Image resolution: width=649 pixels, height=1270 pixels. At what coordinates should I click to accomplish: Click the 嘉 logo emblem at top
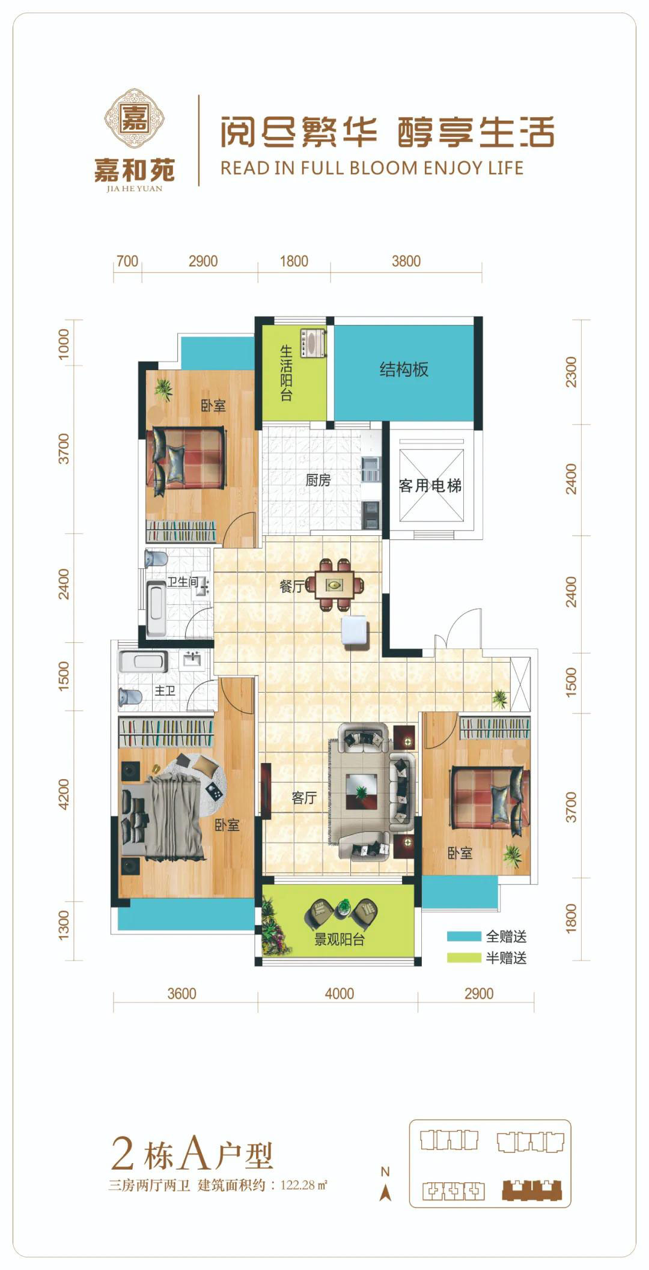tap(135, 118)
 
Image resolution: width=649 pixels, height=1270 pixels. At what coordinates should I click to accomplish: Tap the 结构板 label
tap(404, 369)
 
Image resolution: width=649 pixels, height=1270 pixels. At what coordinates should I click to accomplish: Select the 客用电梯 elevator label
tap(430, 485)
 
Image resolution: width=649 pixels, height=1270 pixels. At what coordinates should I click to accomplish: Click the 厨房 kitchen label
tap(318, 480)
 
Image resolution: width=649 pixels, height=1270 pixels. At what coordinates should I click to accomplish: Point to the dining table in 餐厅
tap(335, 585)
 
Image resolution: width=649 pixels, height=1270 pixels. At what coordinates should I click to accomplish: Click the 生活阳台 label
tap(286, 373)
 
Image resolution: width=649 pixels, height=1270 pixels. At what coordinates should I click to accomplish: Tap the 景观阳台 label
tap(340, 939)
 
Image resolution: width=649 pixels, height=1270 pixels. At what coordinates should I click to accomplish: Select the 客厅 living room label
tap(304, 797)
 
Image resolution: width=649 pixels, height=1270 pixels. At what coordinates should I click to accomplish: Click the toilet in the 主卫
tap(130, 697)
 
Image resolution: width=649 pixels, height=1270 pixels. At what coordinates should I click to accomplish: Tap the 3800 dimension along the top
tap(406, 261)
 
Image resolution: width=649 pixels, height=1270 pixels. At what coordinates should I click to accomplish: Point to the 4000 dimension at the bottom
tap(340, 994)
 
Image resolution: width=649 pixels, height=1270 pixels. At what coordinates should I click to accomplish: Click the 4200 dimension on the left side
tap(64, 794)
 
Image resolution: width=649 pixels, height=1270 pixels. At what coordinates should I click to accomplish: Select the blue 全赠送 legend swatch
tap(464, 936)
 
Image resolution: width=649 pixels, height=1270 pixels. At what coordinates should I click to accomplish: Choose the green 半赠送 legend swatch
tap(464, 958)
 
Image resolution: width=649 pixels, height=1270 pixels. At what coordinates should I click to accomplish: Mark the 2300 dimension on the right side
tap(571, 372)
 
